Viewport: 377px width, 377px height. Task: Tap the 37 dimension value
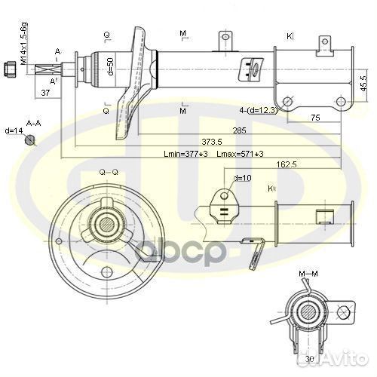tap(45, 93)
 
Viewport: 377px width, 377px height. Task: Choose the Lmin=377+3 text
tap(186, 154)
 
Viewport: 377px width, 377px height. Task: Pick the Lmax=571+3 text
tap(240, 154)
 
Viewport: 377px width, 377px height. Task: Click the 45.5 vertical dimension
tap(363, 82)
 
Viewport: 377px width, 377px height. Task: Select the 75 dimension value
tap(315, 118)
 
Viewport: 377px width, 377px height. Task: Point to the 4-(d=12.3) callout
tap(259, 111)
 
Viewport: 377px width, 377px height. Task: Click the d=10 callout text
tap(243, 178)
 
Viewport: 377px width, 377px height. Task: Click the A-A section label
tap(33, 122)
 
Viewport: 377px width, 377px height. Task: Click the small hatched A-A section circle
tap(30, 139)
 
